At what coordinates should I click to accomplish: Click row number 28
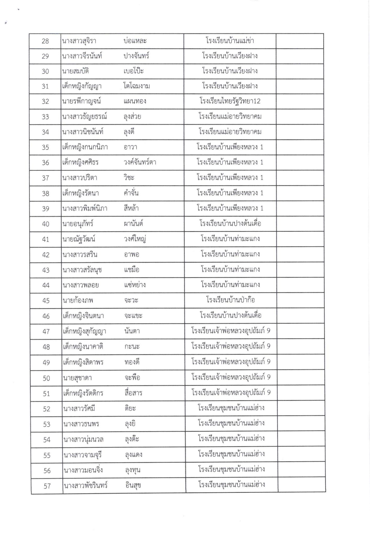pyautogui.click(x=45, y=41)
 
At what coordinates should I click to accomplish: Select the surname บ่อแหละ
pyautogui.click(x=135, y=41)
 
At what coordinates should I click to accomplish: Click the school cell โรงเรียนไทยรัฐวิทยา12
pyautogui.click(x=230, y=101)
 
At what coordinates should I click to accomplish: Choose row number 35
pyautogui.click(x=46, y=147)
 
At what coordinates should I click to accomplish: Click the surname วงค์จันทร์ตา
pyautogui.click(x=140, y=162)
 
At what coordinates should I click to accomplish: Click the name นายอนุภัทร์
pyautogui.click(x=78, y=224)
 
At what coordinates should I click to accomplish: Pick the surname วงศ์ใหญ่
pyautogui.click(x=135, y=239)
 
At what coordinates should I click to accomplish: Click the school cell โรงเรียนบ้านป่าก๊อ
pyautogui.click(x=230, y=300)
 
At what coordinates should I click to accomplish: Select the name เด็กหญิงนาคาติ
pyautogui.click(x=83, y=347)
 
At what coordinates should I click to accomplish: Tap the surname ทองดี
pyautogui.click(x=132, y=362)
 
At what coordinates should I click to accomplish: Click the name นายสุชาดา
pyautogui.click(x=77, y=378)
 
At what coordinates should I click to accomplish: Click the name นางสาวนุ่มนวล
pyautogui.click(x=83, y=439)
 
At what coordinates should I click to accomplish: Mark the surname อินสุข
pyautogui.click(x=133, y=486)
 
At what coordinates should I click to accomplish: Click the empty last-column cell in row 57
pyautogui.click(x=301, y=486)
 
